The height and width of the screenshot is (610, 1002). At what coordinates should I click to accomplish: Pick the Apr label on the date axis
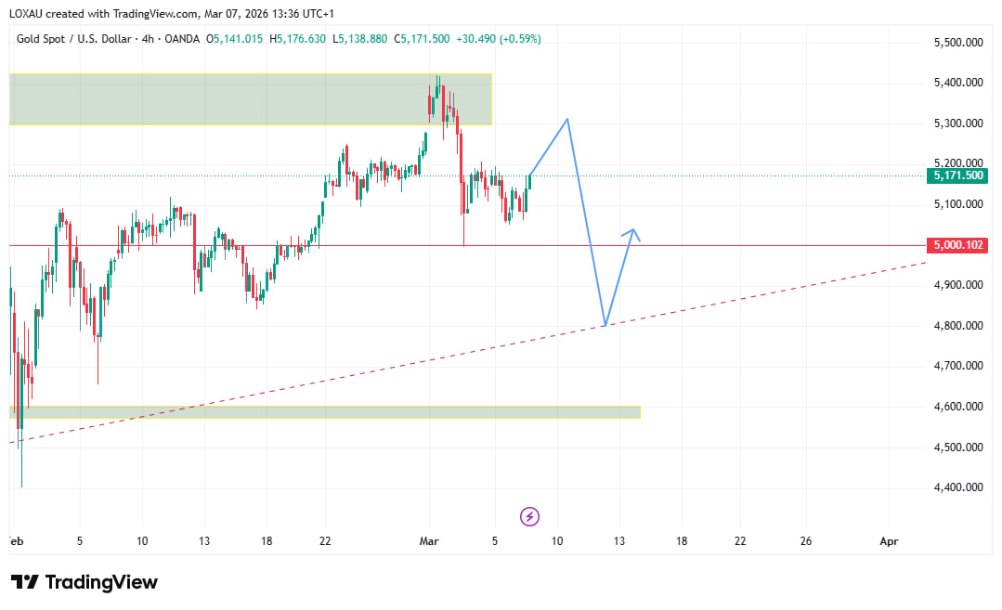(x=889, y=540)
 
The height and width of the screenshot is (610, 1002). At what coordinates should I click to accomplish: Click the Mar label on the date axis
(x=429, y=540)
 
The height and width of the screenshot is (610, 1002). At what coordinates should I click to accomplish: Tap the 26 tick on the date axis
(x=805, y=540)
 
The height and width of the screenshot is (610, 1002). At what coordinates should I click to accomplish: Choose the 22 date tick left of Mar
(x=324, y=540)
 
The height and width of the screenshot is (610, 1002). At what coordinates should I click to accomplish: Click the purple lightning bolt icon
(x=529, y=516)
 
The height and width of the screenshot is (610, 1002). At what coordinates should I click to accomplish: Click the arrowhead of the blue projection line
(x=634, y=230)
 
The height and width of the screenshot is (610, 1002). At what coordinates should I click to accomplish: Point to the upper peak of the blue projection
(x=567, y=119)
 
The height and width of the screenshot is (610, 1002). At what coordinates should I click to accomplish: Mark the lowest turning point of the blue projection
(x=605, y=325)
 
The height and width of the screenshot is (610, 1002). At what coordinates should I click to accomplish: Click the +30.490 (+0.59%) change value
(x=498, y=39)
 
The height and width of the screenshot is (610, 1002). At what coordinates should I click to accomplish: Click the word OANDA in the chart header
(x=185, y=39)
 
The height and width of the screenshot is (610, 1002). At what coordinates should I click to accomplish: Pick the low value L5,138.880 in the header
(x=360, y=39)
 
